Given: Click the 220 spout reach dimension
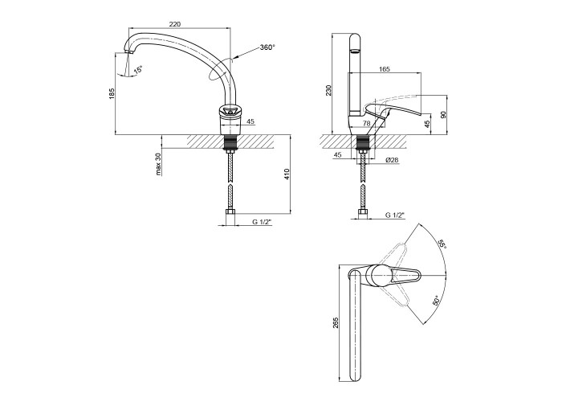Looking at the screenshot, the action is (174, 24).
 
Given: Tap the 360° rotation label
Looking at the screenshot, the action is (267, 47).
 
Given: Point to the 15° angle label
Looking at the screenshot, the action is (138, 70).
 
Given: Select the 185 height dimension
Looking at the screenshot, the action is (112, 93).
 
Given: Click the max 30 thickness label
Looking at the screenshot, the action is (158, 164).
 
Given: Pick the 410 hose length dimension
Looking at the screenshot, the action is (287, 174).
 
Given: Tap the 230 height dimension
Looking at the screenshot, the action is (329, 90).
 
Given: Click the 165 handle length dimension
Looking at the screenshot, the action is (385, 69).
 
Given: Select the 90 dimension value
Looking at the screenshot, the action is (443, 115).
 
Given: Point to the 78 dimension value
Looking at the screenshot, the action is (366, 123).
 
